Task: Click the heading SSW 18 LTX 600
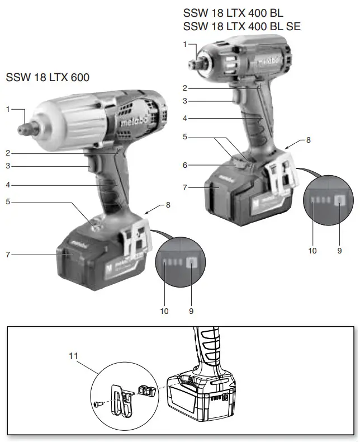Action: [x=47, y=77]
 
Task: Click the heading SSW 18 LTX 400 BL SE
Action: [x=241, y=26]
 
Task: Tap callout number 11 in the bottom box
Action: [x=74, y=355]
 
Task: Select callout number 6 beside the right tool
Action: [x=185, y=165]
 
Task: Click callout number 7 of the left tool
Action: [x=8, y=255]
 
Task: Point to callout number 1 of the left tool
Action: [x=8, y=109]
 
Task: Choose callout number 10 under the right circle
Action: [x=312, y=251]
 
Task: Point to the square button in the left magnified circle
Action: [x=191, y=261]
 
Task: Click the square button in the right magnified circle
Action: [x=339, y=203]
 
